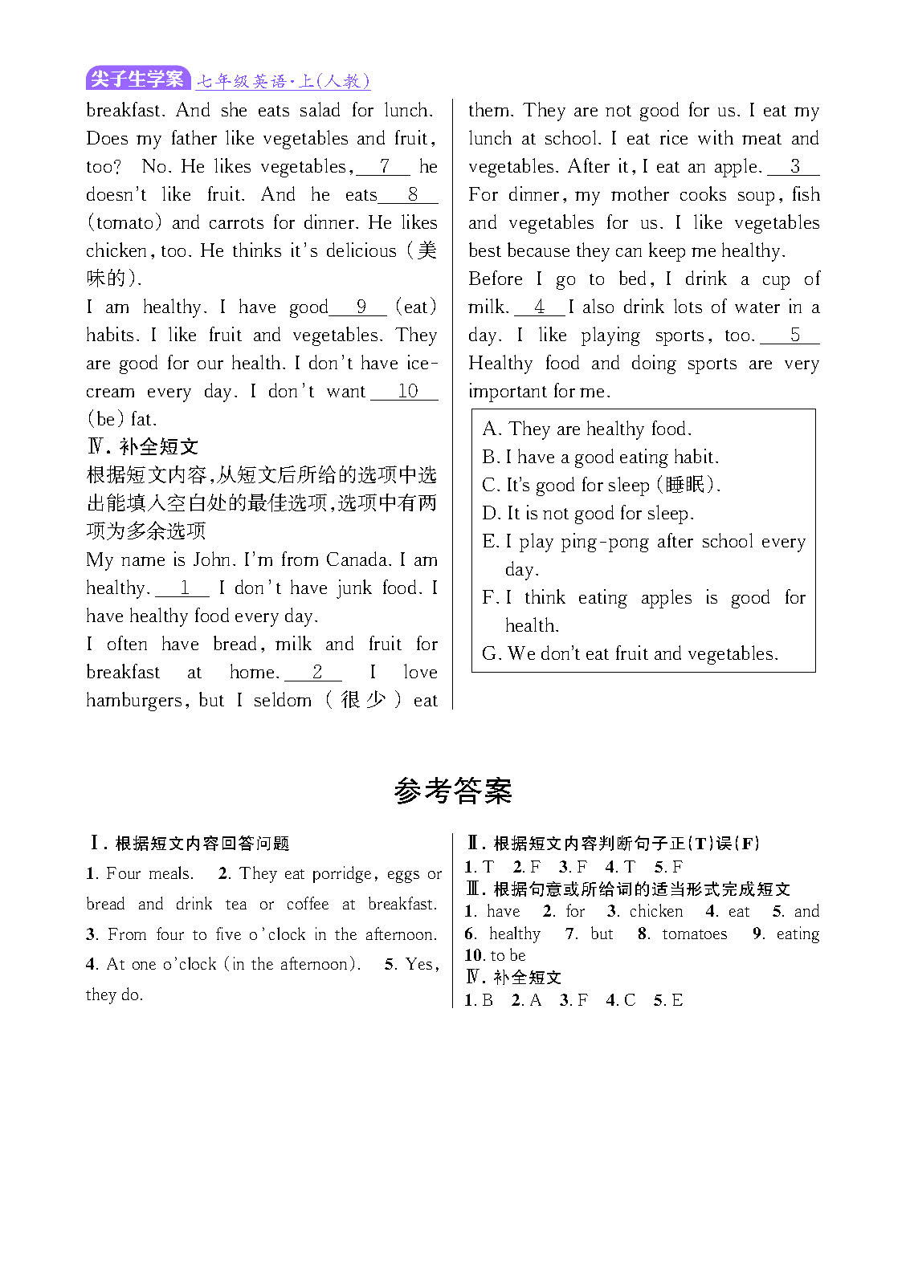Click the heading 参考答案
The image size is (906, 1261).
click(452, 791)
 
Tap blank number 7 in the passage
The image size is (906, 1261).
click(384, 166)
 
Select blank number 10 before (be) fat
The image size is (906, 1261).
click(406, 391)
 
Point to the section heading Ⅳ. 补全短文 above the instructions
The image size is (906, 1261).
click(142, 446)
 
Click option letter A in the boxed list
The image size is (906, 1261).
click(490, 429)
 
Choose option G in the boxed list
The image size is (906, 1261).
click(491, 653)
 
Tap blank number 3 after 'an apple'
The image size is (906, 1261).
click(794, 166)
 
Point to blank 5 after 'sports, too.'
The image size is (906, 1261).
click(794, 335)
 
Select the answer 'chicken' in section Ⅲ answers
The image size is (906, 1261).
click(656, 911)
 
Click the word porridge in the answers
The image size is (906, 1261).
click(341, 873)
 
